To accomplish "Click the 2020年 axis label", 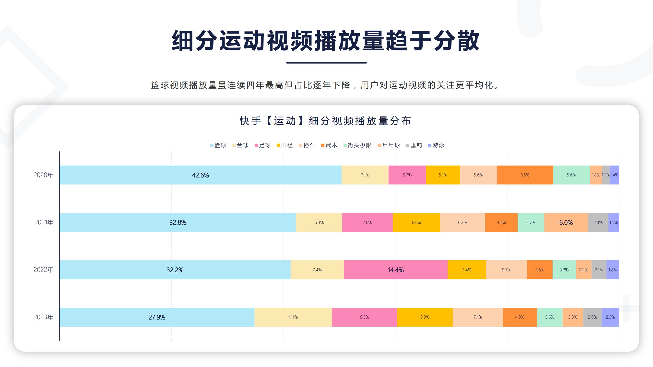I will pos(43,175).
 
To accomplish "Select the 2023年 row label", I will pos(43,317).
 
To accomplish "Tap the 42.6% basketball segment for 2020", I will pos(200,175).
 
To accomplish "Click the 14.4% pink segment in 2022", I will pos(395,270).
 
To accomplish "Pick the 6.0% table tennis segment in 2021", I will pos(566,222).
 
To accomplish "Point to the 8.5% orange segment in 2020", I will pos(525,175).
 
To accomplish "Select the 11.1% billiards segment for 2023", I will pos(293,317).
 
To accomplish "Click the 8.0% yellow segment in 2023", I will pos(425,317).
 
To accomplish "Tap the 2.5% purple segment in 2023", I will pos(610,317).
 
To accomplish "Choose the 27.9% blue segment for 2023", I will pos(157,317).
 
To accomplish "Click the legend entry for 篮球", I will pos(218,145).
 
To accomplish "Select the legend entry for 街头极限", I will pos(357,145).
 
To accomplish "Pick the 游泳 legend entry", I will pos(436,145).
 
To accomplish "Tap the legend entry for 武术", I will pos(329,145).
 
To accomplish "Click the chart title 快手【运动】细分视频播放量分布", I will pos(325,121).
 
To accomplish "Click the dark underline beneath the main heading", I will pos(326,63).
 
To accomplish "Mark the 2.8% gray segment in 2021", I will pos(598,222).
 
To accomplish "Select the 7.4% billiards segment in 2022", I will pos(317,270).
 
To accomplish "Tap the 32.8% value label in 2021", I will pos(178,222).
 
